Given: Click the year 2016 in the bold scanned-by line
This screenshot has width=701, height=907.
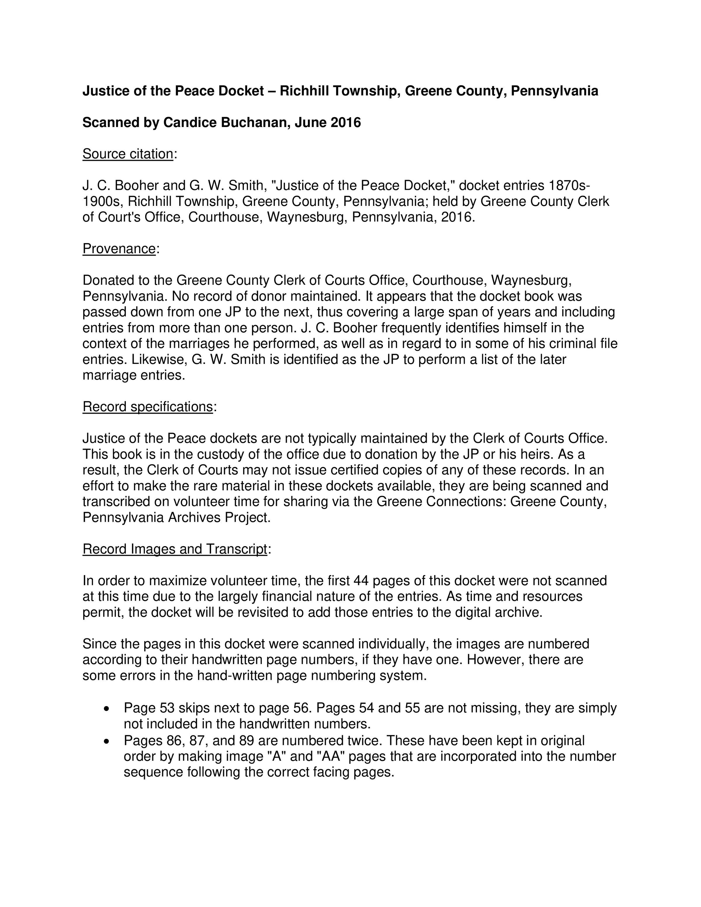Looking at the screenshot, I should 346,123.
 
